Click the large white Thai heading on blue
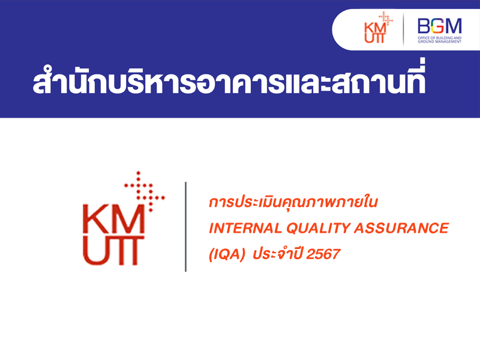[x=229, y=79]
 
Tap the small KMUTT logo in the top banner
[x=379, y=28]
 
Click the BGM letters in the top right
[x=440, y=26]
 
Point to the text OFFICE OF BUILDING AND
[x=440, y=38]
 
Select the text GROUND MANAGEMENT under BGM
[x=440, y=41]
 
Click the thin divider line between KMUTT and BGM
[x=403, y=29]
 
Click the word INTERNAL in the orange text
[x=245, y=228]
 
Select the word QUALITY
[x=318, y=228]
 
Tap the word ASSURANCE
[x=401, y=228]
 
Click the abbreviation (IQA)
[x=227, y=254]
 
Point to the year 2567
[x=323, y=254]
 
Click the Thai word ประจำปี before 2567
[x=278, y=253]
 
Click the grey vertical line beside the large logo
[x=185, y=227]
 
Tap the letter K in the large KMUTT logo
[x=94, y=219]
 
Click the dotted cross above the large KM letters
[x=145, y=191]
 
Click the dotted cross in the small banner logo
[x=386, y=19]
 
